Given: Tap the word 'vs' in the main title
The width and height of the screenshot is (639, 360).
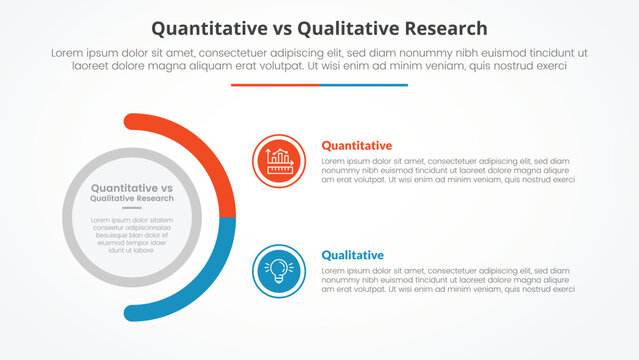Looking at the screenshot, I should point(298,29).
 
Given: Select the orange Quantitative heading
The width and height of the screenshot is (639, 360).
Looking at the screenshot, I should point(356,146).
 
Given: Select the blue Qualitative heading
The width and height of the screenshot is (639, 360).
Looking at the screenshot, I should point(352,255).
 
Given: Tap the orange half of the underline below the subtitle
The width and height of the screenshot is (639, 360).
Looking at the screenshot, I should point(275,85).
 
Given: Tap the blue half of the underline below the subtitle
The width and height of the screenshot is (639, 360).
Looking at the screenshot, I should point(364,85).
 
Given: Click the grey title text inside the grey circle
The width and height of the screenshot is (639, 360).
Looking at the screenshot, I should point(132,193).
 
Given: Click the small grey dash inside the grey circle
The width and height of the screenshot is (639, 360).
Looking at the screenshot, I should point(132,208).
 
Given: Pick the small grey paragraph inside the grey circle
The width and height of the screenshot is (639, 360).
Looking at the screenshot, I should point(132,235).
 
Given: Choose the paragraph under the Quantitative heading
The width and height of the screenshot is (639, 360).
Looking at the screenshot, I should point(448,170).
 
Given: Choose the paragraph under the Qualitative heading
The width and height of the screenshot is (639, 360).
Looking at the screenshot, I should point(448,279).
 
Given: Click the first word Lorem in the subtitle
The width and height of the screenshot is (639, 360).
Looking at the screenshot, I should point(64,53).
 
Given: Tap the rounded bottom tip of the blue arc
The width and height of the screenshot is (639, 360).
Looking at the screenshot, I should point(131,312).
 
